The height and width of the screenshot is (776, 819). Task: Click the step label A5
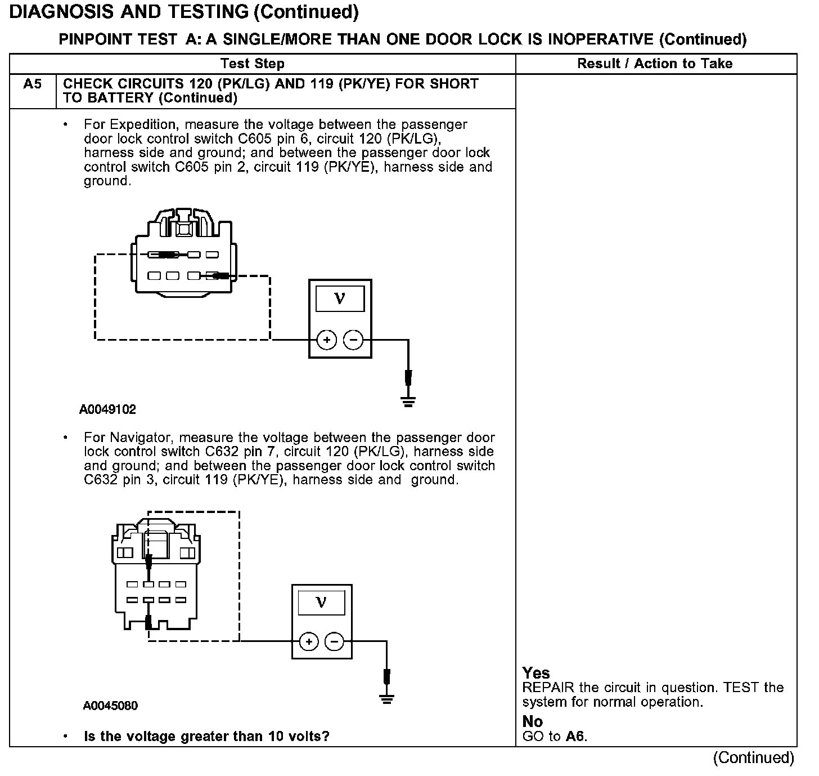click(32, 84)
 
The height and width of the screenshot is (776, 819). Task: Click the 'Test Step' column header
click(252, 64)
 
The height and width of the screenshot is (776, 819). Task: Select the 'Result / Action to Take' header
click(655, 64)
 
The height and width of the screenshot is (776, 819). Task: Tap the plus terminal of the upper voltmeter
click(327, 340)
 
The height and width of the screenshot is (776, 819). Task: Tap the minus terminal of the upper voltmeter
click(353, 340)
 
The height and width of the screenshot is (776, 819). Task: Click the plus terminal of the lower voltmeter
click(309, 641)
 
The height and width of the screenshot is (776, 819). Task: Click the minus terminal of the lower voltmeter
click(335, 641)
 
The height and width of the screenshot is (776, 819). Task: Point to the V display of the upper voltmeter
click(340, 298)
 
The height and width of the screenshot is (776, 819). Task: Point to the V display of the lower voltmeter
click(321, 603)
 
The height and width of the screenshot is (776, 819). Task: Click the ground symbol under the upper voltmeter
click(408, 402)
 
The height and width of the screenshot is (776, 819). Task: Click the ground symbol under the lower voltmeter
click(386, 699)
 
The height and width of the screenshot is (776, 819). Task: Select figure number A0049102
click(107, 409)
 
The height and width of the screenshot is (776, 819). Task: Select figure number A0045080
click(110, 706)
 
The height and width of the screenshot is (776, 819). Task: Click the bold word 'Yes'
click(536, 673)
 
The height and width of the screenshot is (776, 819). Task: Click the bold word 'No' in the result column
click(532, 721)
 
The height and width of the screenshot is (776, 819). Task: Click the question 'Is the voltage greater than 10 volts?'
click(206, 737)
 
